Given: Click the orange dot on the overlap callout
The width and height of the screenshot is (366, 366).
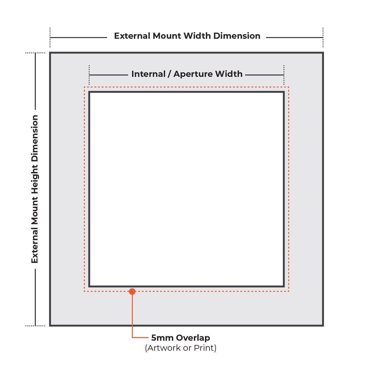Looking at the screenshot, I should pyautogui.click(x=132, y=292).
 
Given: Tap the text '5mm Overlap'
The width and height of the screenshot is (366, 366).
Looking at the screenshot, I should pyautogui.click(x=181, y=338).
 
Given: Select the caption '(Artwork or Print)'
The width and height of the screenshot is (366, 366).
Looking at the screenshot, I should pyautogui.click(x=181, y=348).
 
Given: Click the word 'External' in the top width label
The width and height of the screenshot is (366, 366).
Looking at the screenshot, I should pyautogui.click(x=132, y=36).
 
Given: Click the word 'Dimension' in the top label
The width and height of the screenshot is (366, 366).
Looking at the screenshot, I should pyautogui.click(x=237, y=36).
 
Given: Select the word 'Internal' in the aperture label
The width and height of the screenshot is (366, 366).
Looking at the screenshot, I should pyautogui.click(x=148, y=74).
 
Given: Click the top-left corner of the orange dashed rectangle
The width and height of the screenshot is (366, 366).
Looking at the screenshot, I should pyautogui.click(x=84, y=87).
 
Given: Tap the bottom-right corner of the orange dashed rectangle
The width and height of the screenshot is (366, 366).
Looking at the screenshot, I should pyautogui.click(x=289, y=291).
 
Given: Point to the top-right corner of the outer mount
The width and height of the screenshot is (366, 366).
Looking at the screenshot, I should pyautogui.click(x=323, y=53).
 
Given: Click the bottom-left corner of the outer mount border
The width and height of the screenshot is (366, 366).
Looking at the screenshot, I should pyautogui.click(x=50, y=325).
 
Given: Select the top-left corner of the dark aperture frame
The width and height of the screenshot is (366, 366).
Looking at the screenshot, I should pyautogui.click(x=89, y=92).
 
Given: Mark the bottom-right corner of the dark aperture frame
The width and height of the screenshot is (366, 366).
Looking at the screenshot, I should pyautogui.click(x=284, y=286).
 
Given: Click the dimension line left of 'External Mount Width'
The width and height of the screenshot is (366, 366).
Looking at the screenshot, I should pyautogui.click(x=78, y=38).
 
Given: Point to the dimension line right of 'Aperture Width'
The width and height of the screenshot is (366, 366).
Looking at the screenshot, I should pyautogui.click(x=264, y=74).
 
